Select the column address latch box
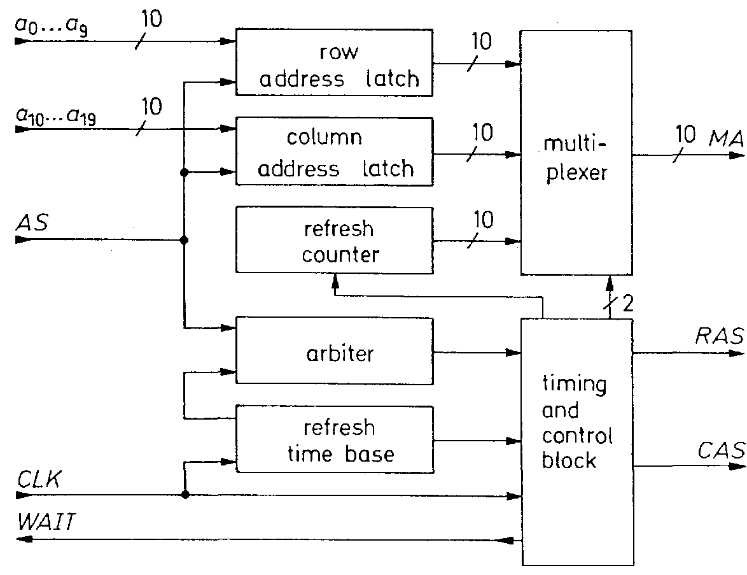point(335,152)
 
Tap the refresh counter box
point(335,241)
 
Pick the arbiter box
point(335,351)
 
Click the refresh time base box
point(335,439)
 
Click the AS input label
point(31,222)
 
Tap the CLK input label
point(39,478)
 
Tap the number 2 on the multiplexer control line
point(627,304)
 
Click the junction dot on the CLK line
point(185,494)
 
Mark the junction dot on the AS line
point(185,240)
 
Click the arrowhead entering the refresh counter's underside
point(335,287)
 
